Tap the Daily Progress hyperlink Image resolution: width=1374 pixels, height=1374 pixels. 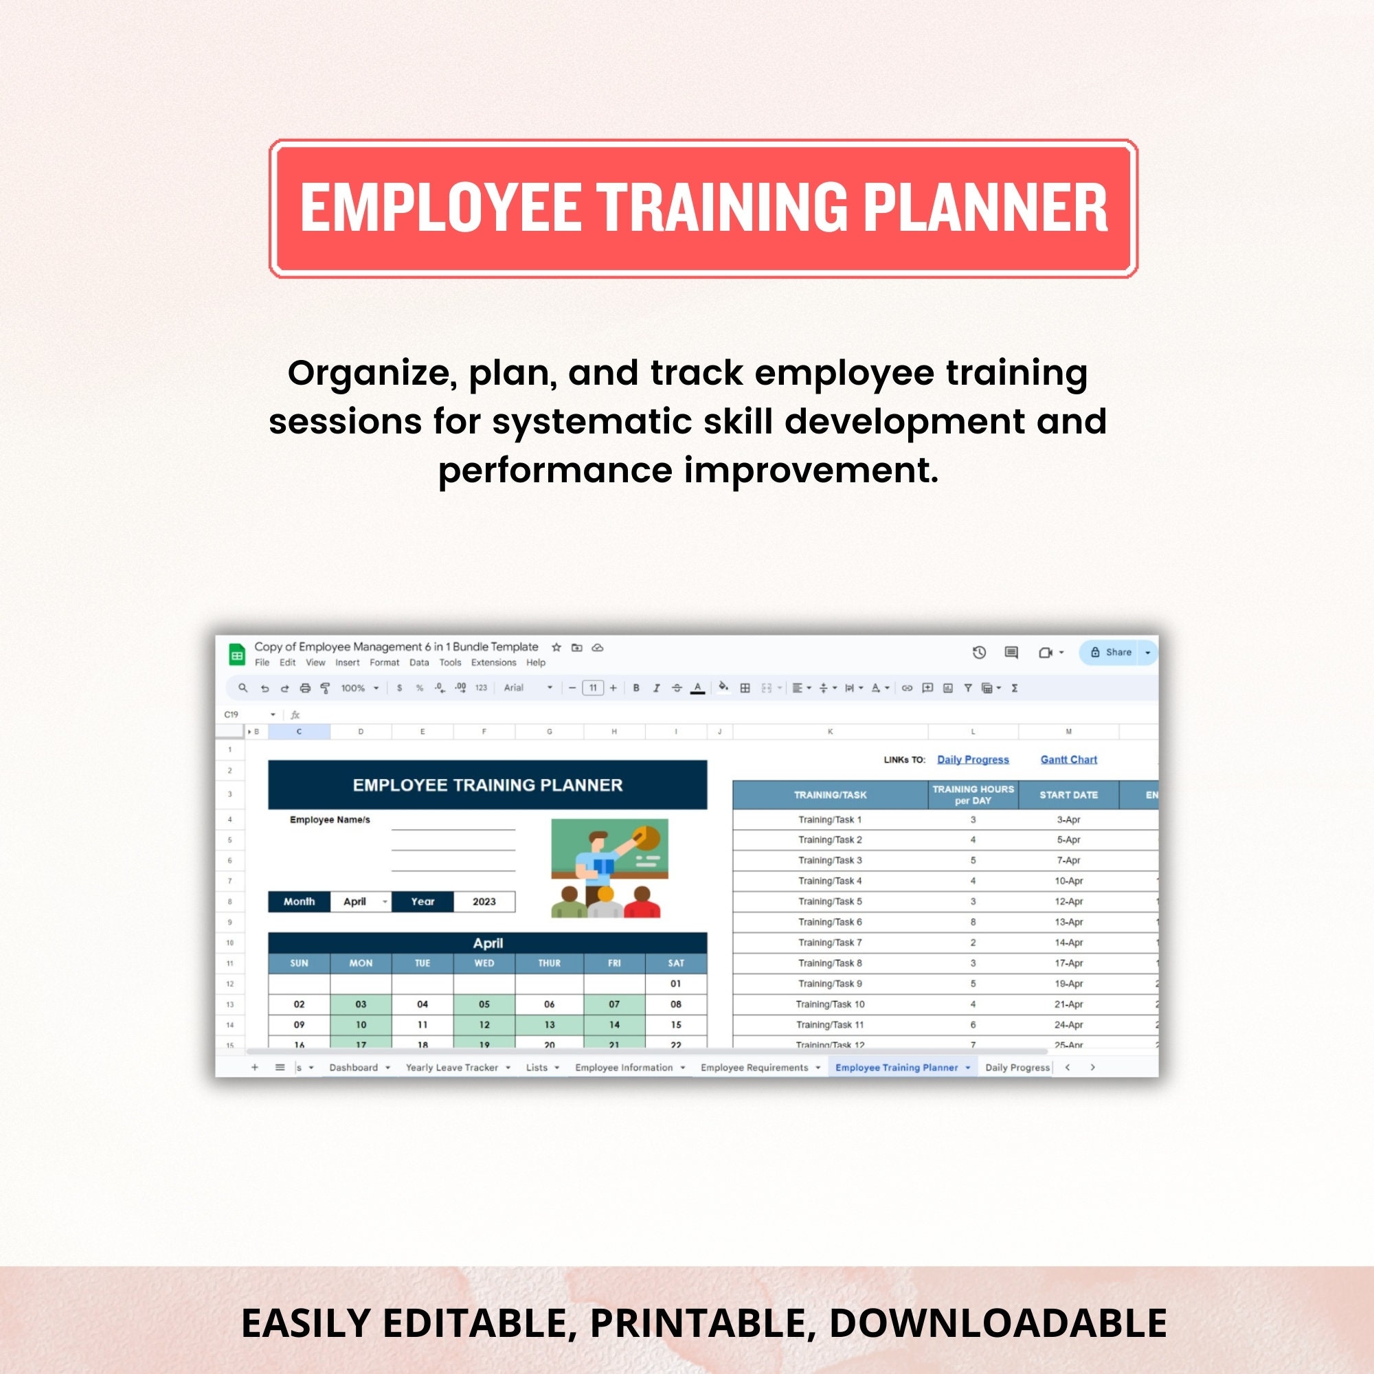click(x=973, y=760)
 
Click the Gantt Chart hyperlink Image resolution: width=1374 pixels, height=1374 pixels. click(x=1068, y=760)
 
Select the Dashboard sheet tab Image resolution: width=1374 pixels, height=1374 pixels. click(x=353, y=1068)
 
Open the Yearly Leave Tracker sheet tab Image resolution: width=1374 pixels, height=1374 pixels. click(x=451, y=1068)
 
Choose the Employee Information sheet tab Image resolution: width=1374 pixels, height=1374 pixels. click(x=624, y=1068)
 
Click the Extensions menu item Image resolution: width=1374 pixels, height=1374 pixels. click(x=493, y=662)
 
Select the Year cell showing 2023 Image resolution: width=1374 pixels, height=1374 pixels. click(x=484, y=901)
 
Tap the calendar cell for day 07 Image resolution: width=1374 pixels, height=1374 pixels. click(x=613, y=1004)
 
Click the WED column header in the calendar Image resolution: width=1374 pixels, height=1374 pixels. click(x=484, y=963)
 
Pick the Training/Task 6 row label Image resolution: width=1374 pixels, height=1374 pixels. click(x=830, y=922)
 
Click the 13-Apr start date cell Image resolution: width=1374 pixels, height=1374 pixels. click(x=1068, y=922)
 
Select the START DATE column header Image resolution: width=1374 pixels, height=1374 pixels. click(x=1068, y=794)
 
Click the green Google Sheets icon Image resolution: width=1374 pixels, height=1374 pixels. click(x=237, y=654)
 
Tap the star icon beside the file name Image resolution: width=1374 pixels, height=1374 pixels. click(x=556, y=647)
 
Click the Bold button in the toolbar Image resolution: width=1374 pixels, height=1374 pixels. click(x=635, y=688)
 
